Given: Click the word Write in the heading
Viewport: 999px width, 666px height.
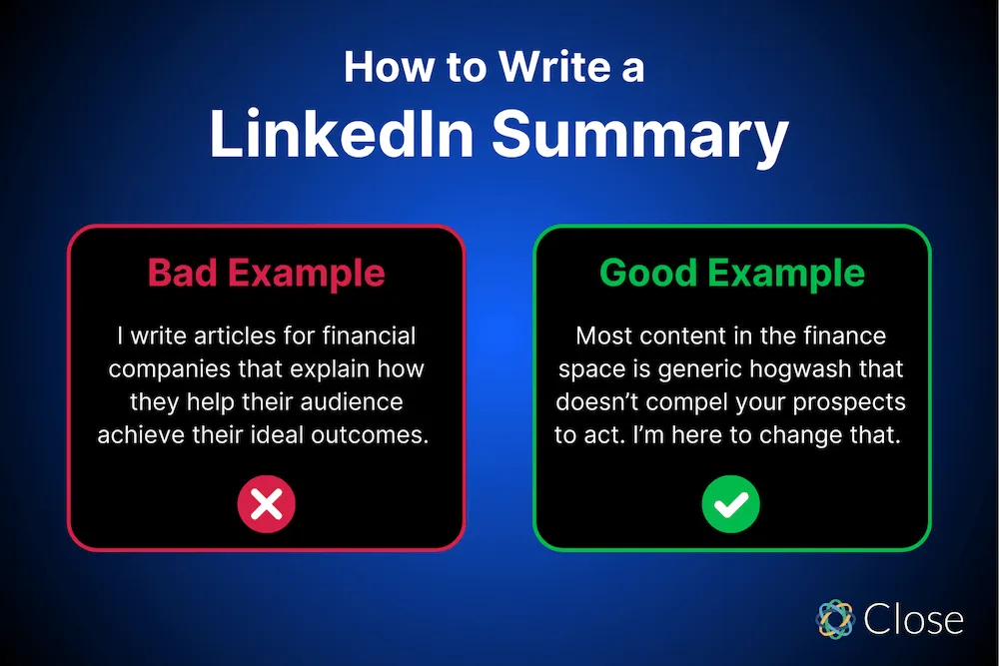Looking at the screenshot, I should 540,68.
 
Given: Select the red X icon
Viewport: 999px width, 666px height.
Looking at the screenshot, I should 266,505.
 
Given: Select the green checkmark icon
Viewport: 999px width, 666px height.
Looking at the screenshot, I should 731,505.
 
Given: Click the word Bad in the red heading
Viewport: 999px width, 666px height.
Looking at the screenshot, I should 182,273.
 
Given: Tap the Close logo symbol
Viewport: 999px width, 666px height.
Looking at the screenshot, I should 835,619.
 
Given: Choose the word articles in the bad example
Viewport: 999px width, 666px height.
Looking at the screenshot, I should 231,336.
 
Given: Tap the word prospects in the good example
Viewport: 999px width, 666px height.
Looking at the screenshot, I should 851,402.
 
